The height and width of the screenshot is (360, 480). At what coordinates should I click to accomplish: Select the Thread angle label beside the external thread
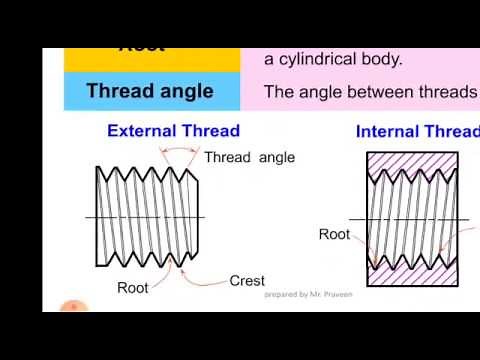[249, 158]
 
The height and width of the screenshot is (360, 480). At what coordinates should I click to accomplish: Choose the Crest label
[247, 281]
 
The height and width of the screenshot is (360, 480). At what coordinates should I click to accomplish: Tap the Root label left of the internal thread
[334, 234]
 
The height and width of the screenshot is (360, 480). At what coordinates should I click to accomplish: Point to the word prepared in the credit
[281, 295]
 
